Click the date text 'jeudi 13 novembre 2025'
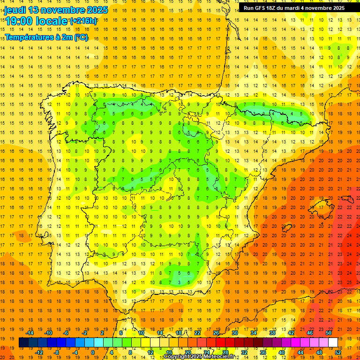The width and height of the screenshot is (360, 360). pos(56,10)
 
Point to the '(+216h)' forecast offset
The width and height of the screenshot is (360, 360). pos(83,21)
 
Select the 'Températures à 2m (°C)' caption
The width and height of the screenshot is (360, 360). pos(46,37)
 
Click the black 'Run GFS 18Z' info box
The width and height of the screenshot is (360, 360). pos(294,7)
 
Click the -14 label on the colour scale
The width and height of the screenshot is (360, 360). pos(30,333)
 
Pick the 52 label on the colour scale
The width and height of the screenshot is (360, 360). pos(338,352)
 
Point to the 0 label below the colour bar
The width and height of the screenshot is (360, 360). pos(93,352)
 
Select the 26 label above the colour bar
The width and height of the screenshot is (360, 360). pos(216,333)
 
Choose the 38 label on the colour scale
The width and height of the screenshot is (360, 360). pos(272,333)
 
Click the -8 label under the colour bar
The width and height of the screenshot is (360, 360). pos(57,352)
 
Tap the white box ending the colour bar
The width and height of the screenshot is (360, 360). pos(333,342)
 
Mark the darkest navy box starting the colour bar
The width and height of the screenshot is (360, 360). pos(23,342)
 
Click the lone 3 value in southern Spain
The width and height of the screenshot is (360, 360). pos(180,282)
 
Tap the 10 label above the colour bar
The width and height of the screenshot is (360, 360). pos(141,333)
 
